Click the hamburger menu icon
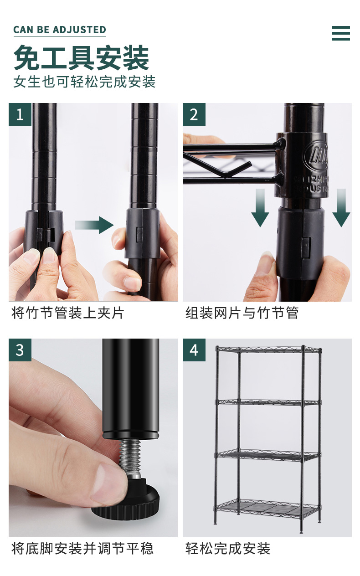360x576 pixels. pos(341,33)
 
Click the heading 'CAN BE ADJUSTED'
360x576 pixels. pos(60,30)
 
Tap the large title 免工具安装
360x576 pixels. pos(81,57)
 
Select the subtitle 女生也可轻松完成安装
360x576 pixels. pos(85,82)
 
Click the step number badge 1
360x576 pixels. pos(20,114)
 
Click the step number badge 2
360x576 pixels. pos(194,114)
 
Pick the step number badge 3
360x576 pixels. pos(20,350)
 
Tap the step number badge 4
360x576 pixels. pos(194,350)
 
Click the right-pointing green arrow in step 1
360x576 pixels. pos(94,225)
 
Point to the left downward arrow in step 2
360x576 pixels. pos(260,208)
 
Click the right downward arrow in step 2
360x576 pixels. pos(341,208)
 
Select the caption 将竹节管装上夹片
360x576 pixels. pos(68,313)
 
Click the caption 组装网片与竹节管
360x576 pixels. pos(242,313)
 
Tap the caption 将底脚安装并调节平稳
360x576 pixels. pos(82,549)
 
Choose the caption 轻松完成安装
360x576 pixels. pos(228,549)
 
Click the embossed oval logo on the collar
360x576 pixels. pos(316,157)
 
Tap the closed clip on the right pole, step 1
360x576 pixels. pos(143,233)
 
